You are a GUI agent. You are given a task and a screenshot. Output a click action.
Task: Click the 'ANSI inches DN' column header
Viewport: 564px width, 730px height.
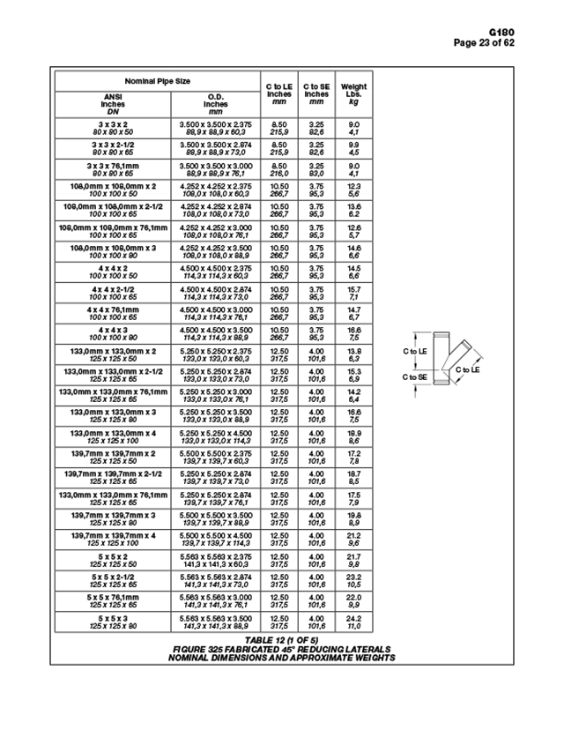tap(113, 103)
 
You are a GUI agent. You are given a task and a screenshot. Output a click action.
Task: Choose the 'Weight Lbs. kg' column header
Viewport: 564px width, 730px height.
tap(353, 93)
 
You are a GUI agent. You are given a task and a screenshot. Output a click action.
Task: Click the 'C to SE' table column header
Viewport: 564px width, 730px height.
tap(316, 93)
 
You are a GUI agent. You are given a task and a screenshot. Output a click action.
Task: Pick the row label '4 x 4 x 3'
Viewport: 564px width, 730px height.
tap(113, 331)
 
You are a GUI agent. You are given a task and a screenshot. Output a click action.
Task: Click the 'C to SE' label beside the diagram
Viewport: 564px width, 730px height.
tap(415, 377)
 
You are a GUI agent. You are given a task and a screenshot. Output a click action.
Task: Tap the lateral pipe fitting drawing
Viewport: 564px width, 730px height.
tap(447, 362)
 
